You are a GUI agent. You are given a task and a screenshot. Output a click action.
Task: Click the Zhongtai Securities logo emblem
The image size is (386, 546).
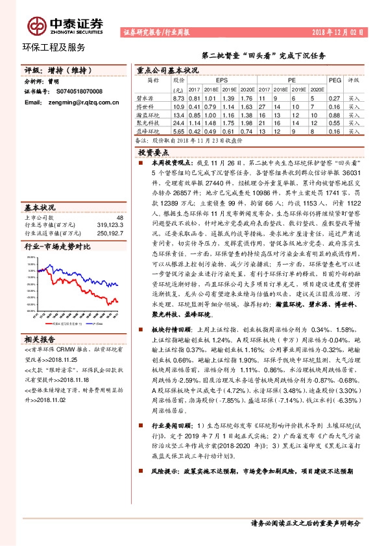tap(37, 25)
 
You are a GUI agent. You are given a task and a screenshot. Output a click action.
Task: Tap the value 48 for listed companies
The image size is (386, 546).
tap(119, 218)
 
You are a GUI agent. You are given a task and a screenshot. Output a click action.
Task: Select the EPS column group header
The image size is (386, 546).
tap(222, 80)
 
